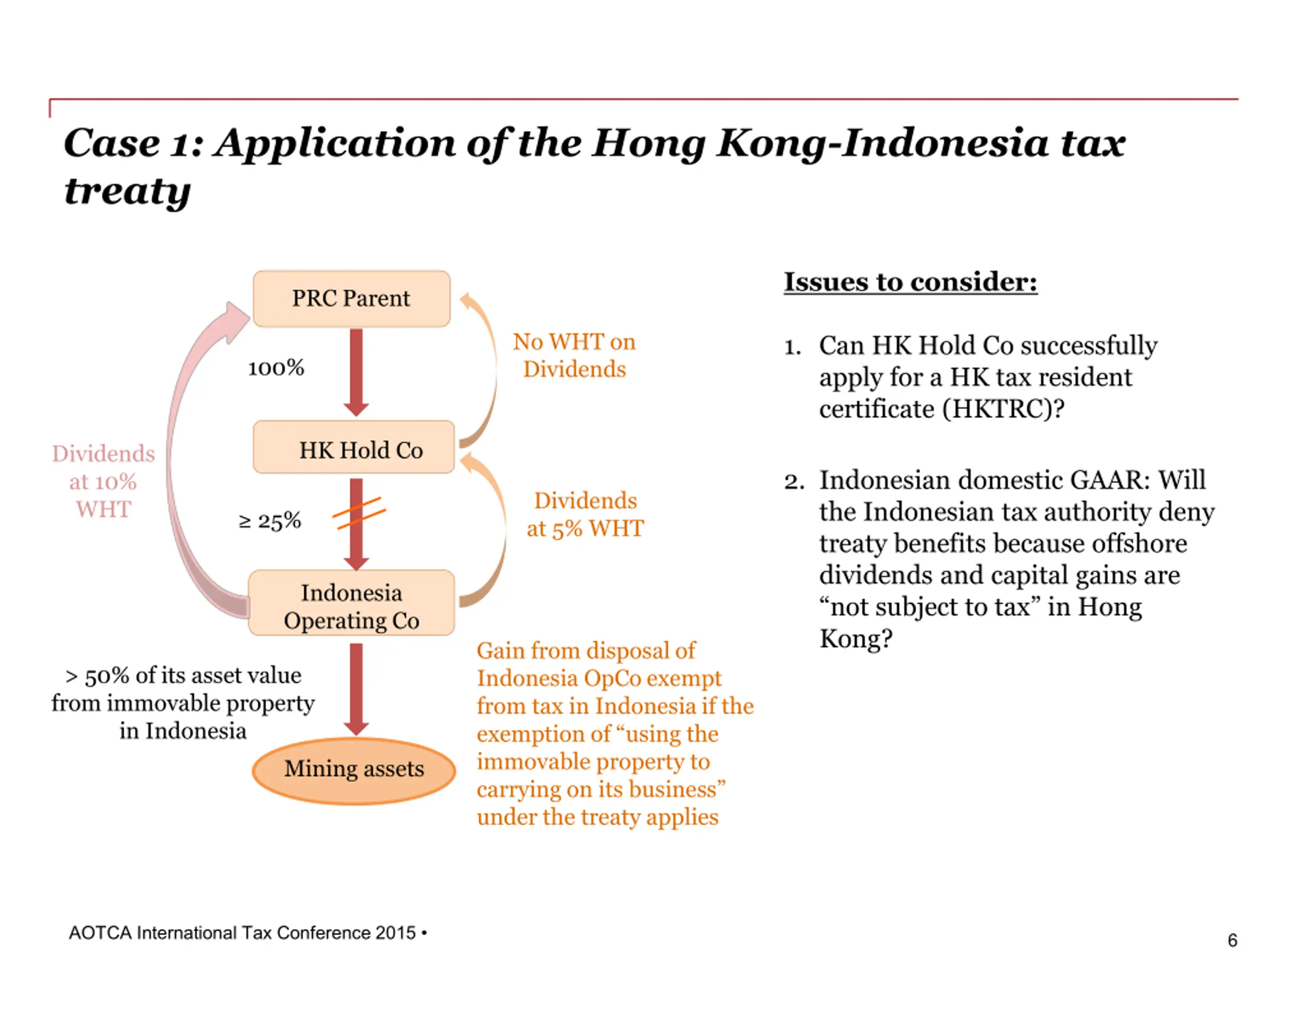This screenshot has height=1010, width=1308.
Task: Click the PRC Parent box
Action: tap(351, 298)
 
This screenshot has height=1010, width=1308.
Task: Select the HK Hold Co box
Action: tap(354, 447)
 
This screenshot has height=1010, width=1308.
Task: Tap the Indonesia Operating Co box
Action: tap(351, 603)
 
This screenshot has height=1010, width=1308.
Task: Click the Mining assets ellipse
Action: tap(354, 769)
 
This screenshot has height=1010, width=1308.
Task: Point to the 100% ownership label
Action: tap(276, 368)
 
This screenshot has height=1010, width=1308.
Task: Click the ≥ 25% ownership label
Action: tap(269, 521)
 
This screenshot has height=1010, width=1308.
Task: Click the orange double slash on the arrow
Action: tap(359, 513)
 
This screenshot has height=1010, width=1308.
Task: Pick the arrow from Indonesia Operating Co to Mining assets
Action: tap(356, 688)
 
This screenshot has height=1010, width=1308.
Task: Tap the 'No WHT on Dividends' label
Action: tap(574, 355)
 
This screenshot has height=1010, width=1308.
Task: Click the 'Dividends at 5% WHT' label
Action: tap(585, 514)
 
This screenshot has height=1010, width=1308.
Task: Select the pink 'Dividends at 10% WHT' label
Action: tap(103, 482)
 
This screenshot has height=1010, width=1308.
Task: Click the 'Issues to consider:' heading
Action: tap(910, 281)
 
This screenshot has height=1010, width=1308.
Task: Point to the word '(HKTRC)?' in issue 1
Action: tap(1003, 409)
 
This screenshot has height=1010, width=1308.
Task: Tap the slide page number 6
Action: tap(1232, 940)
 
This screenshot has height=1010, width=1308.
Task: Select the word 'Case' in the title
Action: tap(112, 143)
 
